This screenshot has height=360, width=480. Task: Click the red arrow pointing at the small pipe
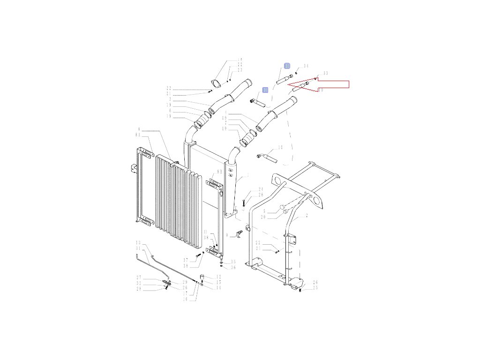pyautogui.click(x=328, y=85)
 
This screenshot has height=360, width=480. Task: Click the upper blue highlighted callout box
pyautogui.click(x=287, y=66)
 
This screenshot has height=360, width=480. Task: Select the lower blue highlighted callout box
pyautogui.click(x=265, y=89)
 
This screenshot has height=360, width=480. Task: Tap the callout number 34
pyautogui.click(x=306, y=66)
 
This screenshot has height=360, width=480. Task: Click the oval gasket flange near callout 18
pyautogui.click(x=217, y=84)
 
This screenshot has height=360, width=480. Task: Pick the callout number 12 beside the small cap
pyautogui.click(x=218, y=277)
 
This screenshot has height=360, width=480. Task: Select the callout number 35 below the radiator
pyautogui.click(x=233, y=262)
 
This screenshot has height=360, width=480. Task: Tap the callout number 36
pyautogui.click(x=233, y=267)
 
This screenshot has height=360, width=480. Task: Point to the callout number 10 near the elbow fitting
pyautogui.click(x=280, y=148)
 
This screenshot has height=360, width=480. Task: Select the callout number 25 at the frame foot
pyautogui.click(x=315, y=288)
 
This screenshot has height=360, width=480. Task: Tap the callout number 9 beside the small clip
pyautogui.click(x=226, y=234)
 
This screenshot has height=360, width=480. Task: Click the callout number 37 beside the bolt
pyautogui.click(x=186, y=260)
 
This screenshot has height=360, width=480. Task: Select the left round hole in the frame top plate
pyautogui.click(x=278, y=181)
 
